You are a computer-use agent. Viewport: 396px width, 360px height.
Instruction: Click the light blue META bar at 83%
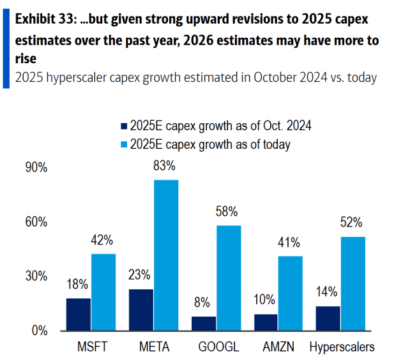click(165, 255)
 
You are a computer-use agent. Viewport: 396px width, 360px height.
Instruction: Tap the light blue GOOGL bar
click(228, 278)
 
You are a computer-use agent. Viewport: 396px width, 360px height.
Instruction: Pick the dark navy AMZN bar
click(266, 322)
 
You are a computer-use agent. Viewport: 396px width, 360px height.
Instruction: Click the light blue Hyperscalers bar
click(353, 283)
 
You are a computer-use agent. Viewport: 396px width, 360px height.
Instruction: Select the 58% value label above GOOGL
click(228, 212)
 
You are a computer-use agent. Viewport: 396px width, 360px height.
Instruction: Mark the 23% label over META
click(139, 275)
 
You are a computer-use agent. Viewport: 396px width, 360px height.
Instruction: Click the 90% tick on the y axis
click(36, 168)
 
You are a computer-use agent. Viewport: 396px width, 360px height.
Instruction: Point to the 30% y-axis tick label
click(36, 276)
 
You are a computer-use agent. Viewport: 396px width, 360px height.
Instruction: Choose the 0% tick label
click(39, 331)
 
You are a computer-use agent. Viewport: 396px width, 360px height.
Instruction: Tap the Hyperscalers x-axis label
click(342, 348)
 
